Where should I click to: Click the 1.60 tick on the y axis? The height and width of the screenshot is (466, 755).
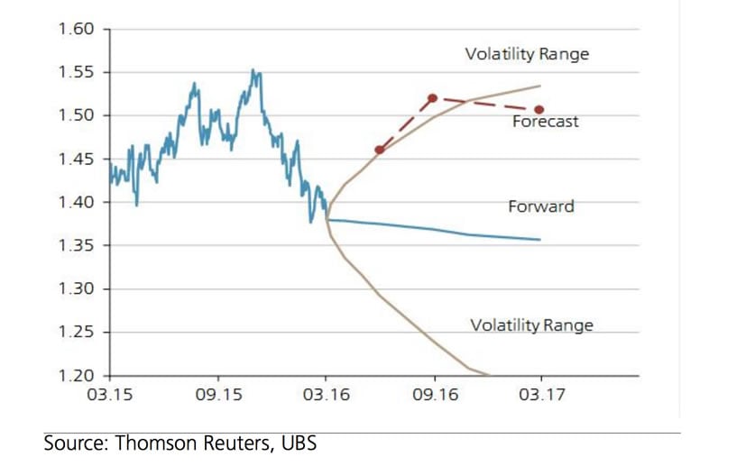[76, 29]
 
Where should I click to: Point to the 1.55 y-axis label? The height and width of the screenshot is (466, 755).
[76, 72]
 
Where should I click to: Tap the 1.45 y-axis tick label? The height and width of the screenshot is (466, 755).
[76, 159]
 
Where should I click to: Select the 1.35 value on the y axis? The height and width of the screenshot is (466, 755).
[76, 245]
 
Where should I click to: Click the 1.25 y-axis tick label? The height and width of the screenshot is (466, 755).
[76, 332]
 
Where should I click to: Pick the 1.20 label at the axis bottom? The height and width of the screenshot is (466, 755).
[76, 375]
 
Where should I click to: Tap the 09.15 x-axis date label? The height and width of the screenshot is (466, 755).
[218, 395]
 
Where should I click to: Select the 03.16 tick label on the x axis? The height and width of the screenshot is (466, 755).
[327, 395]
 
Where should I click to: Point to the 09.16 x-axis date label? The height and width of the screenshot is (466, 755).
[434, 395]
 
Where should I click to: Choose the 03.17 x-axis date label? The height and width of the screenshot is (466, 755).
[541, 395]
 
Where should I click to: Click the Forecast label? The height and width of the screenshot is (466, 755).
[545, 122]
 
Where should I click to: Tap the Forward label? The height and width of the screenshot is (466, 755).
[541, 206]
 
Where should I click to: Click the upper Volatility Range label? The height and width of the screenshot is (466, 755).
[527, 54]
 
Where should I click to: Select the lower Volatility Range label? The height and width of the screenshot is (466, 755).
[531, 325]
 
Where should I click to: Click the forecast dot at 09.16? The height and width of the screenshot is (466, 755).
[433, 97]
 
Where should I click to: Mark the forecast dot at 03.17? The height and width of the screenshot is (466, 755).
[539, 110]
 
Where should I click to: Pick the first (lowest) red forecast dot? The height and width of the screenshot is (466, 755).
[379, 150]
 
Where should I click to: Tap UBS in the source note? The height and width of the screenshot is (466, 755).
[297, 443]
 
